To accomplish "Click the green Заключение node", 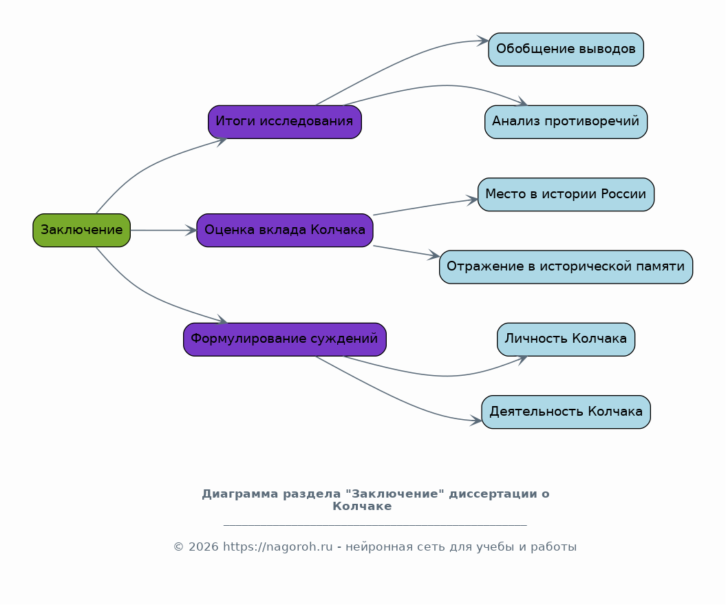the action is coord(81,231).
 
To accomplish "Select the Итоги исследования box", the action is coord(285,122).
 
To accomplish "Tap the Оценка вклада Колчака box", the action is coord(285,231).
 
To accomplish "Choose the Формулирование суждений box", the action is coord(285,339).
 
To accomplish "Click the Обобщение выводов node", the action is coord(566,49).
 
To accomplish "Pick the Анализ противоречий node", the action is coord(566,122).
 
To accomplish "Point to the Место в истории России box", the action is coord(566,195).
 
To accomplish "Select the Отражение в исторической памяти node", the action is coord(566,267).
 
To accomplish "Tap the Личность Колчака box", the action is coord(566,339).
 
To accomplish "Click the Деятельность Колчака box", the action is coord(566,412).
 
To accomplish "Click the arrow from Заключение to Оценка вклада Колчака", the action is coord(164,231).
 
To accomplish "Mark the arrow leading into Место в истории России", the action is coord(425,206).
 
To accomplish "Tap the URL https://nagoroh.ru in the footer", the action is coord(278,547).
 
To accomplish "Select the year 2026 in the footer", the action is coord(203,547).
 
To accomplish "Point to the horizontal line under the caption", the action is coord(375,525).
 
